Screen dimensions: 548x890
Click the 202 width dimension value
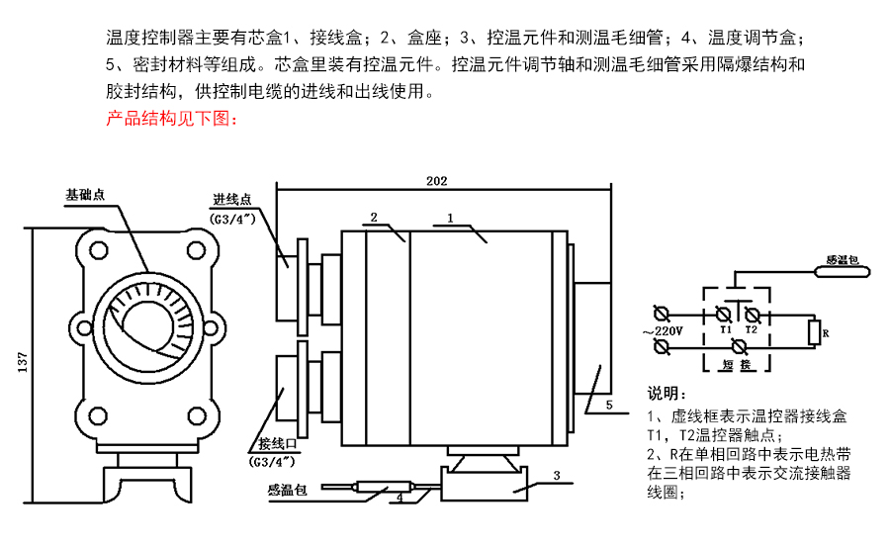pyautogui.click(x=436, y=181)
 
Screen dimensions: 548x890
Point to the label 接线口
pyautogui.click(x=276, y=442)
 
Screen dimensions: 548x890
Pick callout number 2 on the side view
pyautogui.click(x=374, y=216)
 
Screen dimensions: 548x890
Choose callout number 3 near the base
pyautogui.click(x=556, y=476)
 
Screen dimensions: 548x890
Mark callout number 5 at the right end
pyautogui.click(x=609, y=406)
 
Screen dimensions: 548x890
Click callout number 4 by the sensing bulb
pyautogui.click(x=399, y=498)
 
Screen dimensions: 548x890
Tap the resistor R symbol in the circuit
pyautogui.click(x=814, y=333)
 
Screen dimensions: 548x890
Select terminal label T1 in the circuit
pyautogui.click(x=725, y=327)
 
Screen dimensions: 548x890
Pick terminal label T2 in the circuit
pyautogui.click(x=751, y=327)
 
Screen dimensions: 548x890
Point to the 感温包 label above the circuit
pyautogui.click(x=844, y=262)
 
